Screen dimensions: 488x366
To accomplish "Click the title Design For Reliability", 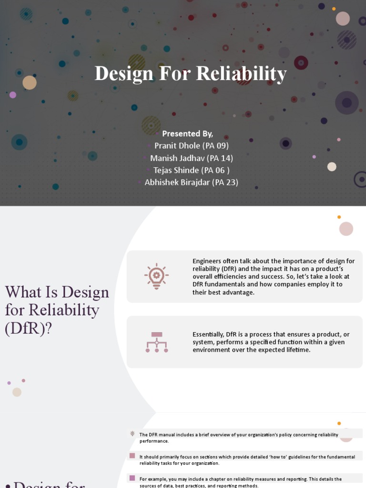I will [191, 74].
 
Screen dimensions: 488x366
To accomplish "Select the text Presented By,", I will [187, 133].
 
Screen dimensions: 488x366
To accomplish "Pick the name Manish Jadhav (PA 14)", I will [192, 158].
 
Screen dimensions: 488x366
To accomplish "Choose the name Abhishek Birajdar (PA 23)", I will [192, 182].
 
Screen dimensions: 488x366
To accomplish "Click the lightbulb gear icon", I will [156, 276].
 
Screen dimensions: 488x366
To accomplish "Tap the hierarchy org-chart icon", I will [156, 342].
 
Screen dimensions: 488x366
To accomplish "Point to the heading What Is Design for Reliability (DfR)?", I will [57, 310].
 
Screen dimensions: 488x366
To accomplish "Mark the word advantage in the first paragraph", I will [237, 292].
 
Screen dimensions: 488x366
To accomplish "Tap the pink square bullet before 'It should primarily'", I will [132, 456].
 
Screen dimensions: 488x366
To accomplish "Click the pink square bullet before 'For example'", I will [132, 478].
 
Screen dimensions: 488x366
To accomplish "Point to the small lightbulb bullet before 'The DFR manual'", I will [132, 434].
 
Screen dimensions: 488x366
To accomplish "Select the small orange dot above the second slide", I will [339, 217].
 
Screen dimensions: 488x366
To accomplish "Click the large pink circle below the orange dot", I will [346, 229].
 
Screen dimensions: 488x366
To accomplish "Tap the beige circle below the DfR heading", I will [17, 392].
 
